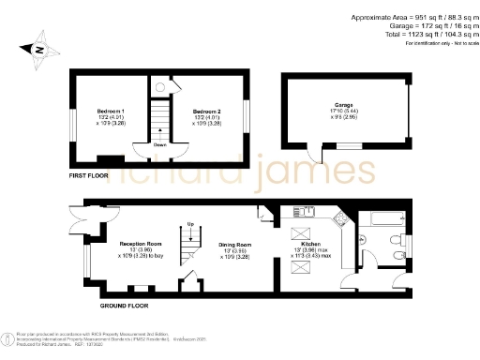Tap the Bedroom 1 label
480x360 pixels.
[111, 112]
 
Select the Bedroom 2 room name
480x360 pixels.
[205, 112]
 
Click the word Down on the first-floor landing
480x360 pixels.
[161, 145]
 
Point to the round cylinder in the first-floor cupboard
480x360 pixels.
[160, 87]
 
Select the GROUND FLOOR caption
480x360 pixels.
[123, 306]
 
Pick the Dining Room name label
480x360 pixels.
[232, 243]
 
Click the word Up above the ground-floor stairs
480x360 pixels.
[191, 224]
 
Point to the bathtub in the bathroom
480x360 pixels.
[379, 219]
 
